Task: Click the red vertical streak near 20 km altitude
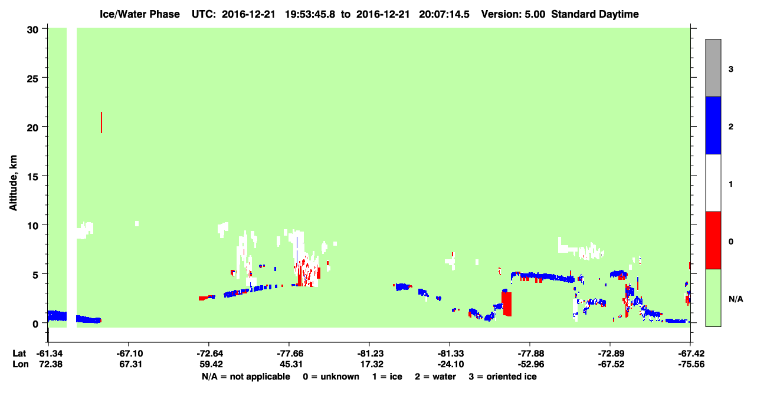tap(101, 123)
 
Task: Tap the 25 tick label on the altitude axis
tap(32, 79)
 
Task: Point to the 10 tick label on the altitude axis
tap(32, 226)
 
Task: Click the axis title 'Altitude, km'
tap(13, 183)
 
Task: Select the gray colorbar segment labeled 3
tap(713, 68)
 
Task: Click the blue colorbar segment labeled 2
tap(713, 125)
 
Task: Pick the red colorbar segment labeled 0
tap(713, 240)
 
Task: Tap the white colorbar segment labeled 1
tap(713, 183)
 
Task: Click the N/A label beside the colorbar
tap(736, 299)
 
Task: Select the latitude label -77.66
tap(289, 354)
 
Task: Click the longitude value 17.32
tap(372, 364)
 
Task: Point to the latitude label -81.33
tap(450, 354)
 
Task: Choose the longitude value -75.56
tap(691, 364)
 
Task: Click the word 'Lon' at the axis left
tap(21, 364)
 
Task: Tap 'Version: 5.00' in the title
tap(513, 14)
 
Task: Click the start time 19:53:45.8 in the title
tap(310, 14)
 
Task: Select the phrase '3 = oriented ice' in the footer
tap(503, 377)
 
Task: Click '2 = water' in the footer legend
tap(435, 377)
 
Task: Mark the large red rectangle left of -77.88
tap(507, 303)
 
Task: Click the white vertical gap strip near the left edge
tap(71, 177)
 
